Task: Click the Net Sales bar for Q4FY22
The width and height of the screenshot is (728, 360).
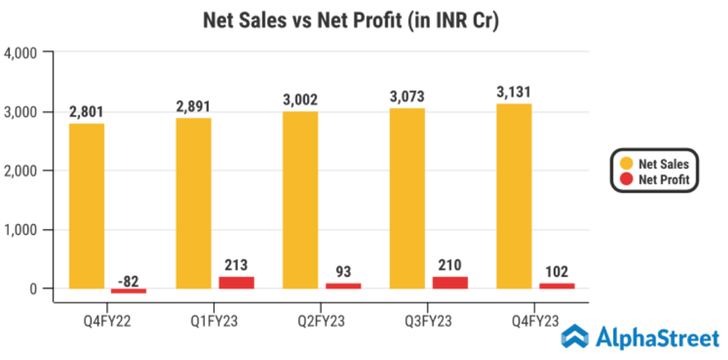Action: (86, 206)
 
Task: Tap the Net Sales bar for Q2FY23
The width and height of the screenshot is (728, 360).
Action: (300, 200)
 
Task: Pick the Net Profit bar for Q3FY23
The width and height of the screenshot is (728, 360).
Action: (449, 282)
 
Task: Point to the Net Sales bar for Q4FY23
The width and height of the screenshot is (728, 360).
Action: (513, 195)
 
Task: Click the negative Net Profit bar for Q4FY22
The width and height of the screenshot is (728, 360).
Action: (129, 291)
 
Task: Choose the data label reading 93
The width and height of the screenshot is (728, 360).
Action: (343, 272)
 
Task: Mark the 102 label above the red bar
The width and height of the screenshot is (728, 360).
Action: (556, 271)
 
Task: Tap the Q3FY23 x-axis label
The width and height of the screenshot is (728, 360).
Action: (428, 321)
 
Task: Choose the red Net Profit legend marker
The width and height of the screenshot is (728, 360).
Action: (626, 180)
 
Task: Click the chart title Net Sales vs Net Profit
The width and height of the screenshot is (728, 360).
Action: (351, 21)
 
